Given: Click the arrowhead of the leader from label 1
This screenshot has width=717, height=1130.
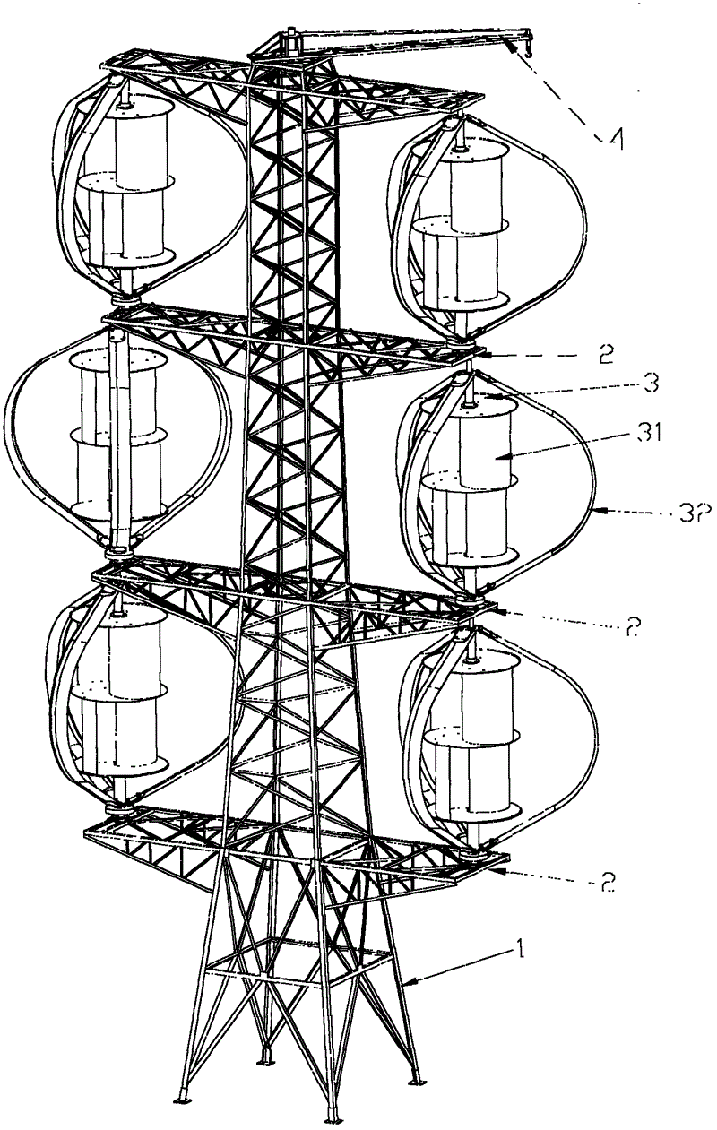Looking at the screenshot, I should [404, 984].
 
